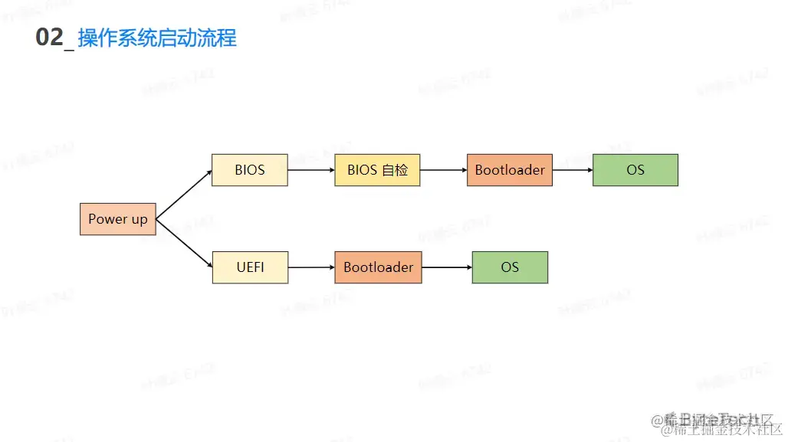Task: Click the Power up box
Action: [x=117, y=219]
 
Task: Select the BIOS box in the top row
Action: [x=250, y=170]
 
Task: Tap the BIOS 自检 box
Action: [x=377, y=170]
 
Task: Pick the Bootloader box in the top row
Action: [x=510, y=170]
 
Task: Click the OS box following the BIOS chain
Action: [x=635, y=170]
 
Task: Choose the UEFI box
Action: [x=250, y=267]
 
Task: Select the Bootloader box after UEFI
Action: [x=378, y=267]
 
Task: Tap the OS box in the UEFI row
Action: [x=510, y=267]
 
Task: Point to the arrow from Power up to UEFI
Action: [x=184, y=244]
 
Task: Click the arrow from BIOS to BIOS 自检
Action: [x=310, y=170]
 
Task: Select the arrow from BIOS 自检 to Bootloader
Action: [x=443, y=170]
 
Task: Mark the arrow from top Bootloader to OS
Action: [x=573, y=170]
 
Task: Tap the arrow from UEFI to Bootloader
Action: [x=311, y=267]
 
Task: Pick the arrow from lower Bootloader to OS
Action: [x=447, y=267]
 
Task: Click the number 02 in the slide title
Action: [x=49, y=38]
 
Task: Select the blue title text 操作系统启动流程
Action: [x=157, y=38]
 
